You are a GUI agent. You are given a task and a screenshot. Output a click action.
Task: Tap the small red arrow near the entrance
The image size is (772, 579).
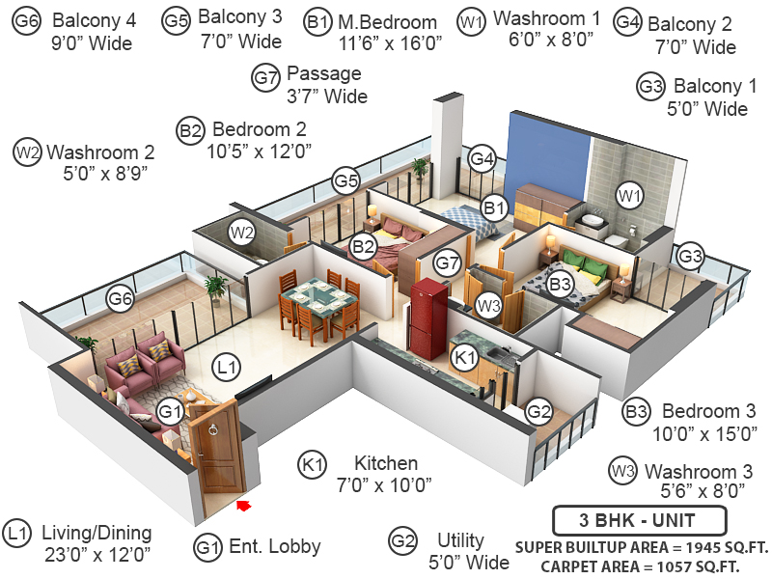pyautogui.click(x=243, y=505)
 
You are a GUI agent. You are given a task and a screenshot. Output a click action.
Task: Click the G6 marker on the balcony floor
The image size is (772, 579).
pyautogui.click(x=120, y=299)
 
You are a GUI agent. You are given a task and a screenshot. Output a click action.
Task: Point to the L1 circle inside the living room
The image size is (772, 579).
pyautogui.click(x=226, y=367)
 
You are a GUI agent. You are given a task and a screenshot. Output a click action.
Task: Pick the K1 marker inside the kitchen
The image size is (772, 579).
pyautogui.click(x=466, y=357)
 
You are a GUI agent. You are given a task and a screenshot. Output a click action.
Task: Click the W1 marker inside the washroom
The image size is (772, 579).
pyautogui.click(x=630, y=197)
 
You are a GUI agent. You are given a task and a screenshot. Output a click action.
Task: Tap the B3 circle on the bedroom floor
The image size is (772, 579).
pyautogui.click(x=560, y=285)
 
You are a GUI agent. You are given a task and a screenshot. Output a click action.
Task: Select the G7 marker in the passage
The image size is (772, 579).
pyautogui.click(x=447, y=262)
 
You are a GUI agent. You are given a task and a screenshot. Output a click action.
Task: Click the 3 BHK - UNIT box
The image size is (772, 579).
pyautogui.click(x=638, y=521)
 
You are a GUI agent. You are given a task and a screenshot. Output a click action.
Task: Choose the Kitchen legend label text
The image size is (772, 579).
pyautogui.click(x=386, y=463)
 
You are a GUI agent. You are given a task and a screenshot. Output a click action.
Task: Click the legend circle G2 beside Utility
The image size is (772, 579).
pyautogui.click(x=402, y=541)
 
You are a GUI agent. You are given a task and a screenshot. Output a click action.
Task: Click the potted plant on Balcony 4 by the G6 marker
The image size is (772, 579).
pyautogui.click(x=215, y=287)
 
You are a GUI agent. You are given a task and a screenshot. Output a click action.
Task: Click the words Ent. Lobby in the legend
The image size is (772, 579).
pyautogui.click(x=275, y=547)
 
